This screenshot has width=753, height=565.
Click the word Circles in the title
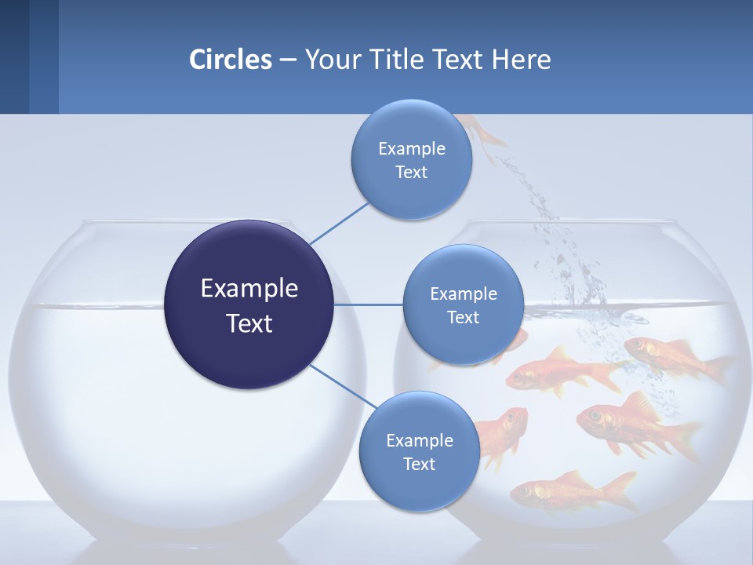[x=230, y=60]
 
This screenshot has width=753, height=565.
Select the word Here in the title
[x=521, y=60]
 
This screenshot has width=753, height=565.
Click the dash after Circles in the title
[x=288, y=60]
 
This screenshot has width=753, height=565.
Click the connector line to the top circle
[x=339, y=223]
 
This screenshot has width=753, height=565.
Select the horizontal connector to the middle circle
[x=369, y=304]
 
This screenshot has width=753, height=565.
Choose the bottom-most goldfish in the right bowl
[x=573, y=491]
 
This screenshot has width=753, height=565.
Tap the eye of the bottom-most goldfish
[x=523, y=490]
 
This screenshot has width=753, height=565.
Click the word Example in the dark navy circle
[x=249, y=289]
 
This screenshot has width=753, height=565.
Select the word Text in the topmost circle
[x=411, y=173]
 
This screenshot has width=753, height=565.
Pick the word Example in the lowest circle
[x=419, y=440]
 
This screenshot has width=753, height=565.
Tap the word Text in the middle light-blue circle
[x=463, y=317]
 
